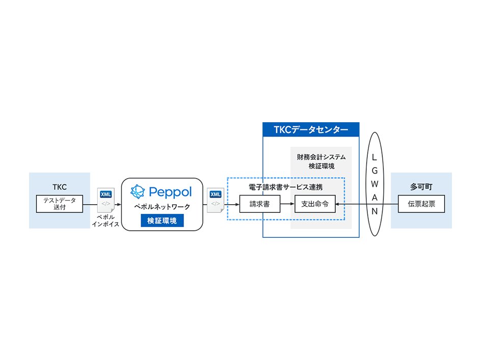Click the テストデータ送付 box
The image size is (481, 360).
click(x=60, y=204)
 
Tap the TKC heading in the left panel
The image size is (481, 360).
click(x=60, y=187)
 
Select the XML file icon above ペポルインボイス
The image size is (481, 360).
click(x=106, y=200)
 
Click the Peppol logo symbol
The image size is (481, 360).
click(x=138, y=191)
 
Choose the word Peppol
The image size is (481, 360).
click(x=170, y=192)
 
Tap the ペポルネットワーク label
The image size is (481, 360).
click(x=162, y=208)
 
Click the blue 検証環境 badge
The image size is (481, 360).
click(x=162, y=220)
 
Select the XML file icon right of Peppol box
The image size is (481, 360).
click(x=216, y=200)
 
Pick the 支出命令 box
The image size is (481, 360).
click(x=315, y=204)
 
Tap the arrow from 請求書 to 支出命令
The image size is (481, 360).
click(x=286, y=204)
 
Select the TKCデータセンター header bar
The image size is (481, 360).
click(x=311, y=130)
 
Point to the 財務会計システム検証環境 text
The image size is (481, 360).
click(x=321, y=161)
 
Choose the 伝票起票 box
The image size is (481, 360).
click(x=421, y=204)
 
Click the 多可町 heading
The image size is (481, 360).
click(x=421, y=187)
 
